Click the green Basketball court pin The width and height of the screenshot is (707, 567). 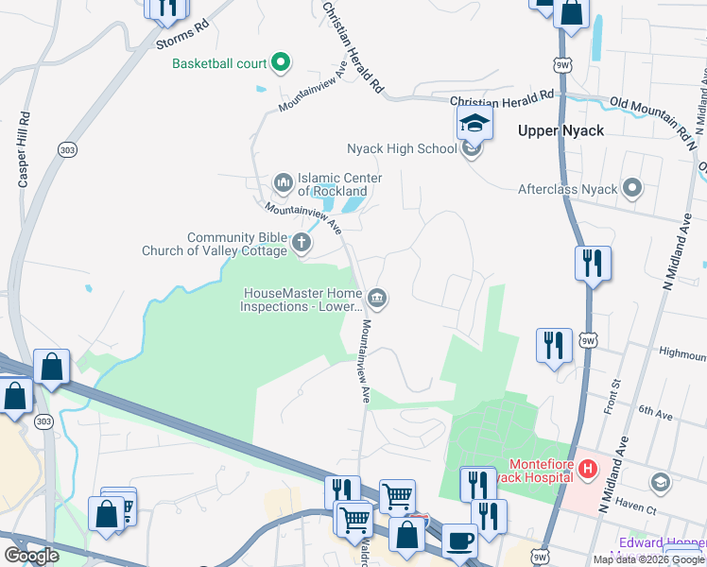(281, 63)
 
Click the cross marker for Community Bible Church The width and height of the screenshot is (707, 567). (302, 243)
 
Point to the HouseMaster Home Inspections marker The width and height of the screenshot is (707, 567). (377, 299)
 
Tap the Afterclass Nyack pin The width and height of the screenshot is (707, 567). (632, 188)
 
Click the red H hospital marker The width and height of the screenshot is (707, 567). (588, 468)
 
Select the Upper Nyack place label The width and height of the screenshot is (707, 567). (560, 130)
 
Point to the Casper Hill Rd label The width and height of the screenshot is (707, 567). (25, 151)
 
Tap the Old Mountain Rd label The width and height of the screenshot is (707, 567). (649, 112)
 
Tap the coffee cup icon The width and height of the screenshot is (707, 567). (459, 541)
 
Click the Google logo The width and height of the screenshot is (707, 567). (32, 556)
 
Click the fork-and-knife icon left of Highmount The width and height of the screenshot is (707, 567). (553, 346)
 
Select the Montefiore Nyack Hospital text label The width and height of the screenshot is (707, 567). (542, 471)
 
